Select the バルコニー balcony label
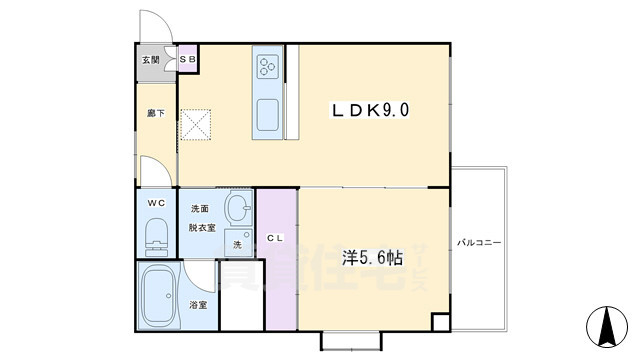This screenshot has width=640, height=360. (480, 243)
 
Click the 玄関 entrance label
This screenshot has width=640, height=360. (150, 60)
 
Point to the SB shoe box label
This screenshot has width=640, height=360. (187, 60)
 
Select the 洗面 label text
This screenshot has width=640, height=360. (199, 209)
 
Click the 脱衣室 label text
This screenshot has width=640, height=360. (203, 227)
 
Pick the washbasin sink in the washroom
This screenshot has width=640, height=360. (238, 210)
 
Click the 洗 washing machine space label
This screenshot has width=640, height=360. (237, 244)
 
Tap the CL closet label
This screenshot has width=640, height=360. (276, 237)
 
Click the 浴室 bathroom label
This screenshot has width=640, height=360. (198, 304)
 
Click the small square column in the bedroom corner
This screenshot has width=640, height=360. (441, 322)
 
